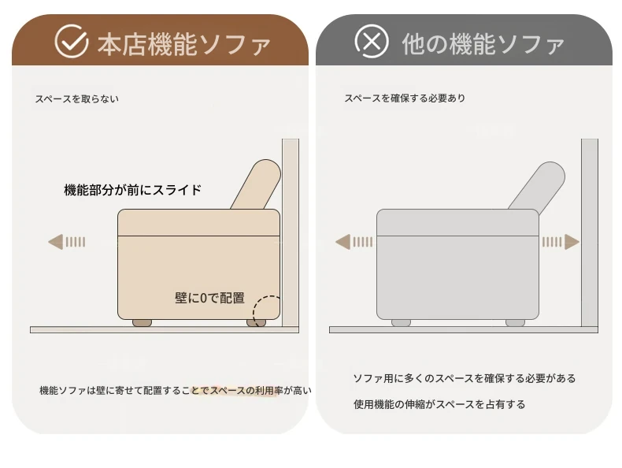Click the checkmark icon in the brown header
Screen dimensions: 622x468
72,41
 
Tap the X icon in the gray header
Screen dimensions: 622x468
372,41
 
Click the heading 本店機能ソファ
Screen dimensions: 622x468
183,44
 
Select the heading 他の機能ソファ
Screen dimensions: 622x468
483,43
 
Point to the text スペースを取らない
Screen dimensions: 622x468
77,98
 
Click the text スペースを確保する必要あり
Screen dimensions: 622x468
405,98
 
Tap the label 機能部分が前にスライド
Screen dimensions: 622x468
133,190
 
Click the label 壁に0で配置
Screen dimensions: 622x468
209,298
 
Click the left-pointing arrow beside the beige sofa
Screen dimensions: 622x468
67,242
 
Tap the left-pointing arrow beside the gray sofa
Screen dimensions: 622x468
354,242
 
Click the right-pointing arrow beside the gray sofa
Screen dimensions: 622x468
561,242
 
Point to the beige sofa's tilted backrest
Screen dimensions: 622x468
256,184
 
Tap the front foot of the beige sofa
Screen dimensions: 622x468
142,323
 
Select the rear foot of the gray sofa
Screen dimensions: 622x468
515,323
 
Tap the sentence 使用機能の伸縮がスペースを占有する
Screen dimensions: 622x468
439,404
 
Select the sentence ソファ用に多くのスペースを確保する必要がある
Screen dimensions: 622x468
464,378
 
